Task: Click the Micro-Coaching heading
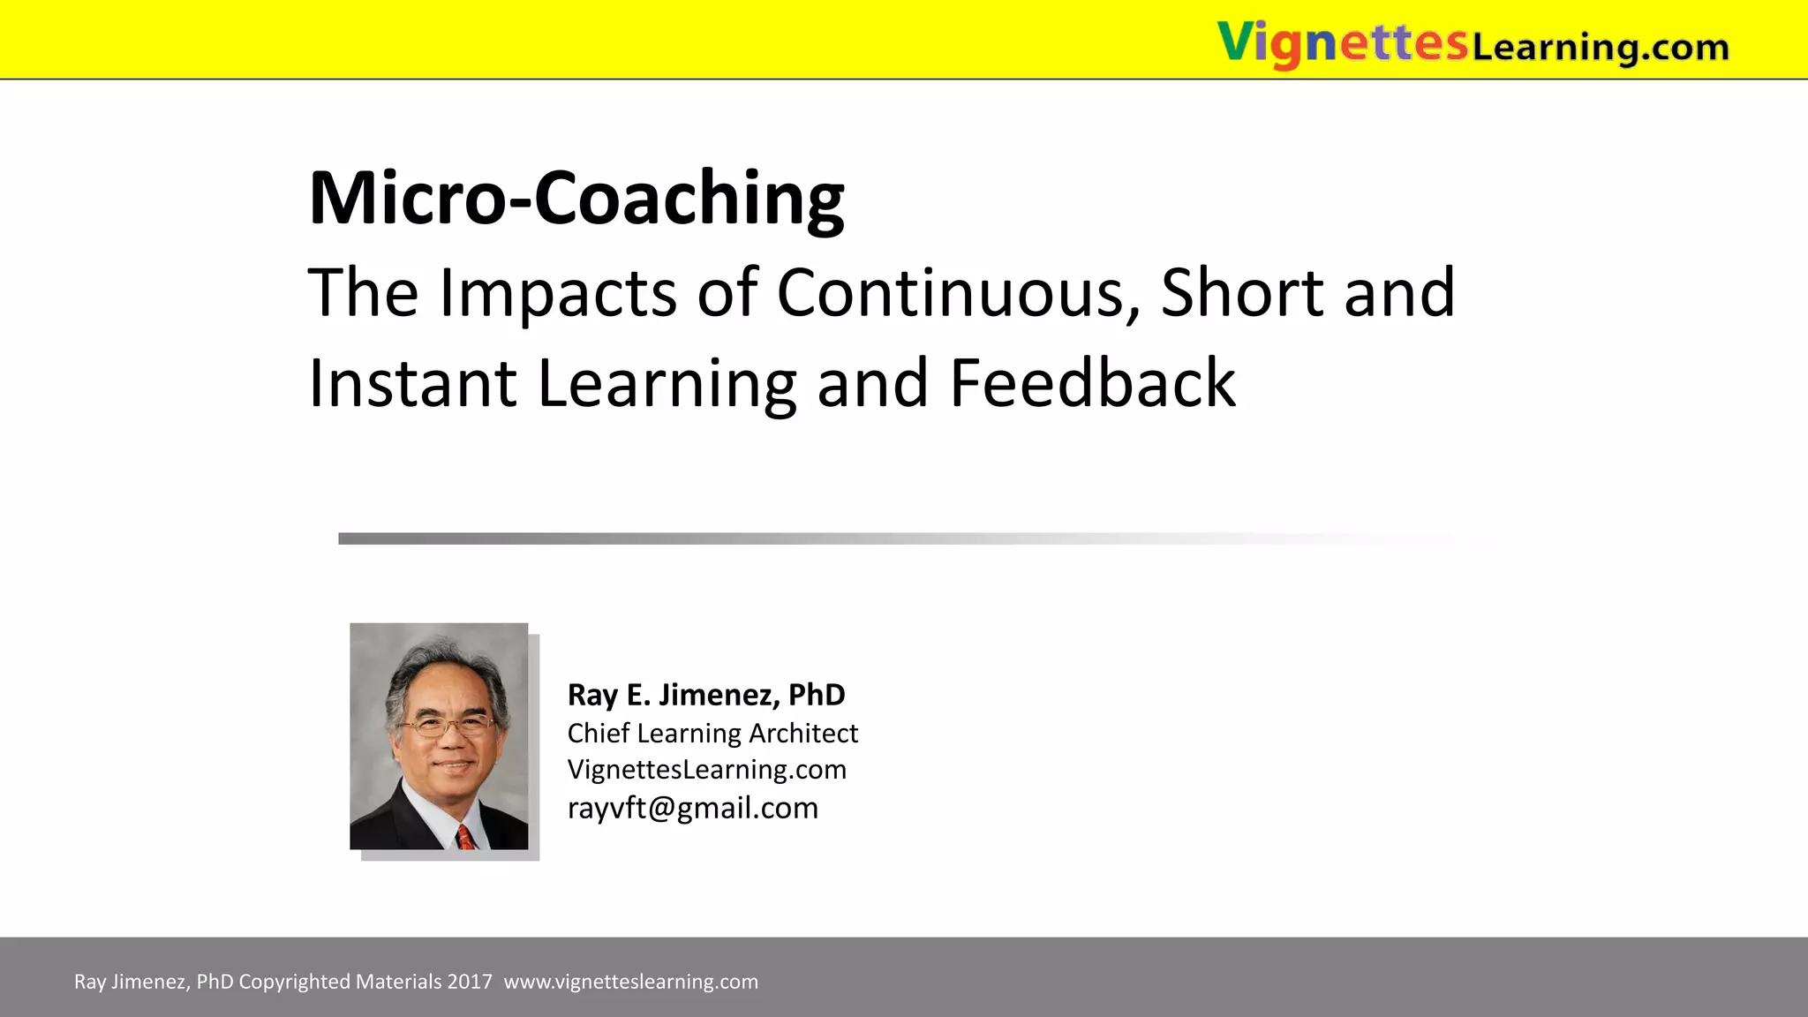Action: pyautogui.click(x=576, y=198)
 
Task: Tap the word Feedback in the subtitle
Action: pyautogui.click(x=1092, y=383)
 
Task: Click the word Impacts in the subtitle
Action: pyautogui.click(x=558, y=292)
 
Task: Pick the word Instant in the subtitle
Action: pyautogui.click(x=412, y=383)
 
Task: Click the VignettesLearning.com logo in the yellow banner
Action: pyautogui.click(x=1473, y=44)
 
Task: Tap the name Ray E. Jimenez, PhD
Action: pyautogui.click(x=706, y=695)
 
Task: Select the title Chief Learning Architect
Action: pyautogui.click(x=712, y=733)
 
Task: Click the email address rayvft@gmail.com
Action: pyautogui.click(x=693, y=808)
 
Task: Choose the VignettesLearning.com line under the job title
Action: pyautogui.click(x=706, y=770)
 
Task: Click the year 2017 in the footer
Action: pyautogui.click(x=470, y=982)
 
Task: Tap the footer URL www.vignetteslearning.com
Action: pyautogui.click(x=630, y=982)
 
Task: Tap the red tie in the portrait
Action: pyautogui.click(x=465, y=837)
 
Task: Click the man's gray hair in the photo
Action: pyautogui.click(x=446, y=662)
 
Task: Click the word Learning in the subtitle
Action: pyautogui.click(x=667, y=383)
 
